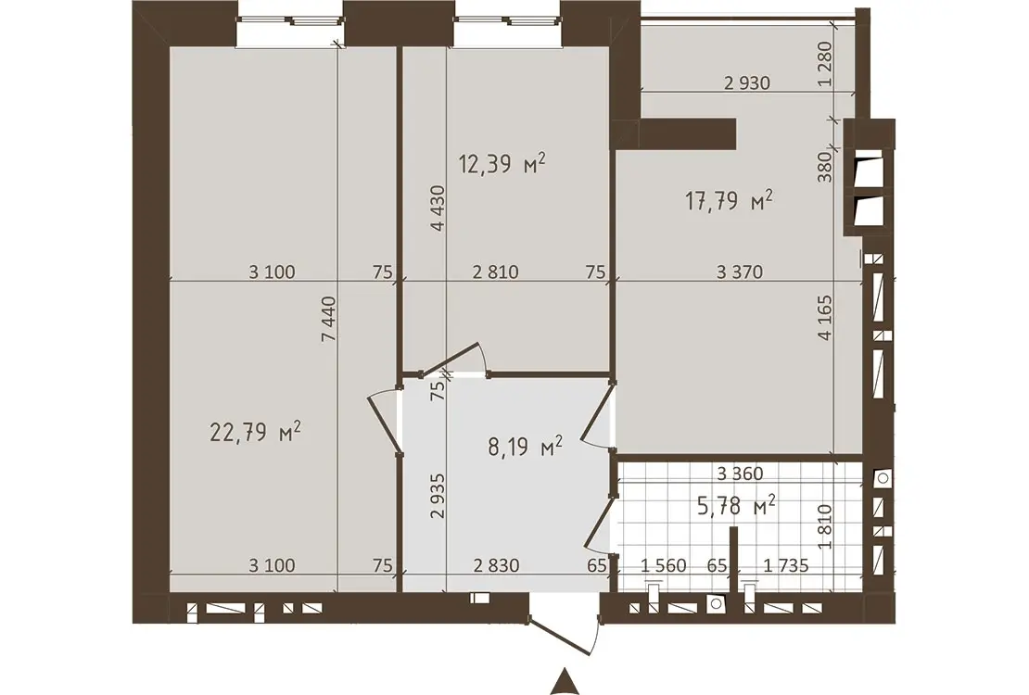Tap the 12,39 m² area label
[502, 163]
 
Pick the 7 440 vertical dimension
[329, 319]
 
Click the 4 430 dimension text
[438, 208]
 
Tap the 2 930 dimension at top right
[747, 83]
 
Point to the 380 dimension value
[826, 166]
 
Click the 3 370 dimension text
[740, 272]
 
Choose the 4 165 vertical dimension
[826, 318]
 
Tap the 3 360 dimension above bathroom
[740, 474]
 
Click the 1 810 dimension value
[826, 526]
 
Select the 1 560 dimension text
[663, 565]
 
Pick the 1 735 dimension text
[786, 565]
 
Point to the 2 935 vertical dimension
[438, 496]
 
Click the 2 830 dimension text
[495, 565]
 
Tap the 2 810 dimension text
[495, 272]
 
